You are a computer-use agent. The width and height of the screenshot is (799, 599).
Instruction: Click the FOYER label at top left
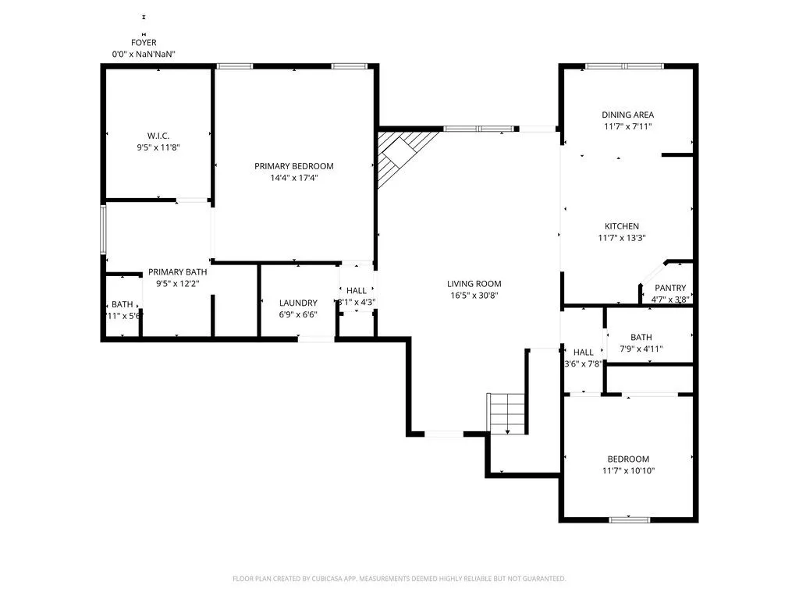(144, 43)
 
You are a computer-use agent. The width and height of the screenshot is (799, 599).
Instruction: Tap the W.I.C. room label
(158, 135)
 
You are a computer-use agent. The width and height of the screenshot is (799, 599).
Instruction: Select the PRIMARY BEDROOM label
(294, 166)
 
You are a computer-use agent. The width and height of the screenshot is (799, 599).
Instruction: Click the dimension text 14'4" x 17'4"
(294, 178)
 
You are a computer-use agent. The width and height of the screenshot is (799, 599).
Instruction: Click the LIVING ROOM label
(474, 284)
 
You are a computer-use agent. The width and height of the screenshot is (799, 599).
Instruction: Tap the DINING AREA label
(627, 115)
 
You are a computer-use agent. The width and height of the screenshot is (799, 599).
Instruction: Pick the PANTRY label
(670, 288)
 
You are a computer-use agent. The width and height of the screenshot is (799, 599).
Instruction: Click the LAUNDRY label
(298, 303)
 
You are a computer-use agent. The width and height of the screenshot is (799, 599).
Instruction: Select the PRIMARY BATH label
(178, 271)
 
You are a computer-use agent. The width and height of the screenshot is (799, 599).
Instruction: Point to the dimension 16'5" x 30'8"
(474, 296)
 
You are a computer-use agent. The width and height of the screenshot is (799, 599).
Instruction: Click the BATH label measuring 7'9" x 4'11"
(641, 337)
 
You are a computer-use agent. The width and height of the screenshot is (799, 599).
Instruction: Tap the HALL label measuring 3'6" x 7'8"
(584, 352)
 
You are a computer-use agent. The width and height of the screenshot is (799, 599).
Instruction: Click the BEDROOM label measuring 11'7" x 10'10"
(628, 459)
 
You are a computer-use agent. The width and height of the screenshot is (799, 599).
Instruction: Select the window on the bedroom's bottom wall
(629, 519)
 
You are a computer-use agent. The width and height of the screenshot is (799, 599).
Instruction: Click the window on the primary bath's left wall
(103, 229)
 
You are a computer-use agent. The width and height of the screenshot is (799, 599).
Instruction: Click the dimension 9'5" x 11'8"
(158, 147)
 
